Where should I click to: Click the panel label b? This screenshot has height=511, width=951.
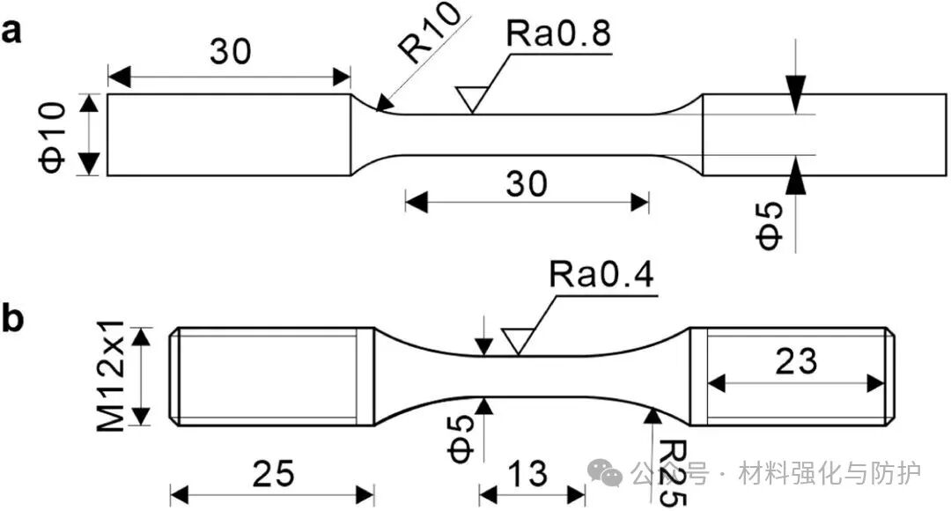(11, 319)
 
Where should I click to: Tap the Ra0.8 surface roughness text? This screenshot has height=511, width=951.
(558, 35)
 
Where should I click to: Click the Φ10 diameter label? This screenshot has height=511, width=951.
(54, 135)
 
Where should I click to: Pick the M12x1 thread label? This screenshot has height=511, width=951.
(112, 376)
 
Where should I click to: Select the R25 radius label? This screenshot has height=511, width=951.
(672, 472)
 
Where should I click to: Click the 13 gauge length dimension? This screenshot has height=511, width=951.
(532, 474)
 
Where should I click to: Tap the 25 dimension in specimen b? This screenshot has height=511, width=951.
(272, 474)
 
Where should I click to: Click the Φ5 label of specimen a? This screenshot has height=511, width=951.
(770, 225)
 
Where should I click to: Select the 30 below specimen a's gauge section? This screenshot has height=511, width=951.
(527, 183)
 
